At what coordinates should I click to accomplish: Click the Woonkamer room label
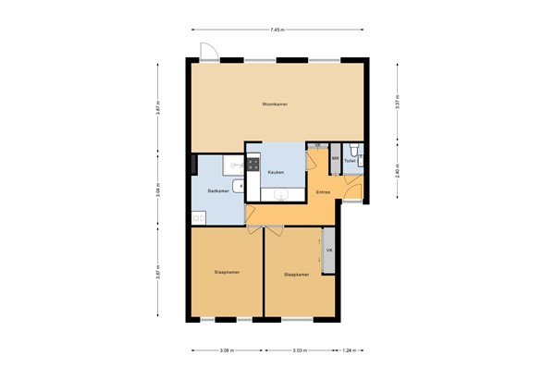click(x=275, y=104)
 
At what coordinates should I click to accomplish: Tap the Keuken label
click(x=276, y=173)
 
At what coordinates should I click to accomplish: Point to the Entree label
click(x=322, y=192)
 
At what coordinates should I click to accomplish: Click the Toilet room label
click(x=349, y=160)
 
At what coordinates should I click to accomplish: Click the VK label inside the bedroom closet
click(x=328, y=251)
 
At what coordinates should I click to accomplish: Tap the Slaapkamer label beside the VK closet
click(x=296, y=274)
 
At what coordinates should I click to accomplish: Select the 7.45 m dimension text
click(x=277, y=31)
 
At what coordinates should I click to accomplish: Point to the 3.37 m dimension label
click(x=397, y=103)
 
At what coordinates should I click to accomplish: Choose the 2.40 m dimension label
click(x=397, y=172)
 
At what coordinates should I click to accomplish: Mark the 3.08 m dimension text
click(x=227, y=351)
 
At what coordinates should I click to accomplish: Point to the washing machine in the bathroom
click(x=197, y=218)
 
